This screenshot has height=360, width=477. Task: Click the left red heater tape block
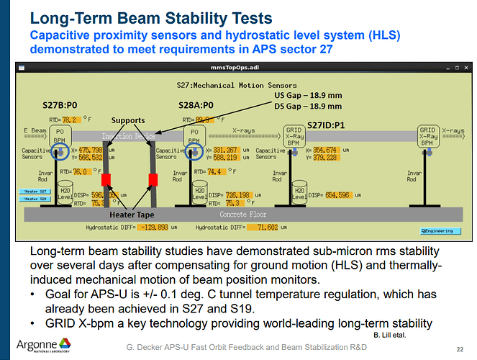(106, 179)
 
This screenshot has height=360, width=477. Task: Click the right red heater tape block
(153, 179)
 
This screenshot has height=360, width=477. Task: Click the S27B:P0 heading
(60, 105)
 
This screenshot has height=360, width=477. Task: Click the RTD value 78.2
(70, 120)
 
